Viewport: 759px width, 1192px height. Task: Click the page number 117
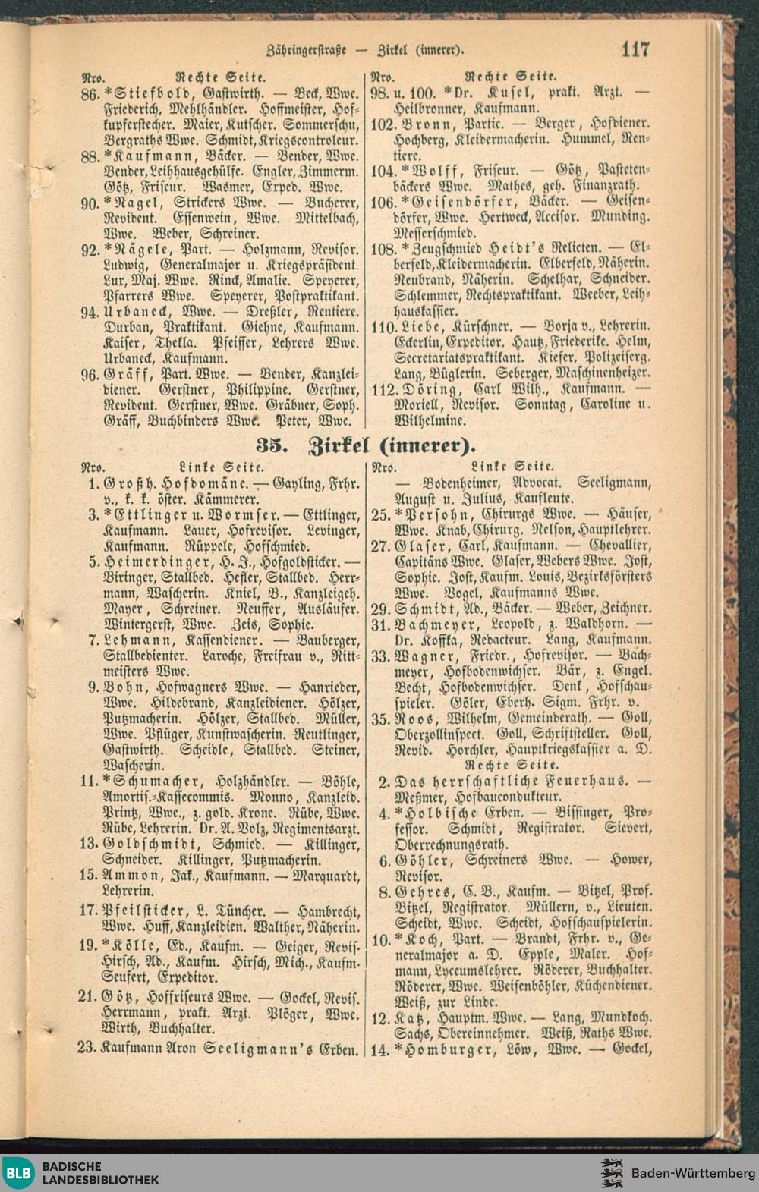635,49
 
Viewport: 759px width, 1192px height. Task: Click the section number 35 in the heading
270,442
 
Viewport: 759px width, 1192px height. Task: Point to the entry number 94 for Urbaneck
90,312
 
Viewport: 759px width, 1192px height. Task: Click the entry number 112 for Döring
384,390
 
